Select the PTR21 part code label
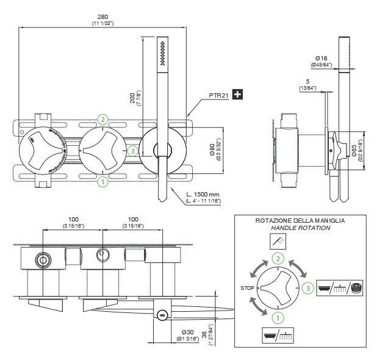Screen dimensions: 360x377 pos(218,95)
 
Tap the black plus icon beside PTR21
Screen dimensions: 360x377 pos(239,95)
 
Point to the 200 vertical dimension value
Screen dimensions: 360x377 pos(132,98)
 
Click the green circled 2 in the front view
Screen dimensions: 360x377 pos(103,119)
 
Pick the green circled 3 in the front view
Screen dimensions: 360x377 pos(133,150)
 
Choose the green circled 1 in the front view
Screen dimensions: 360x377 pos(103,181)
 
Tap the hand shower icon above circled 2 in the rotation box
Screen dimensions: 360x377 pos(278,242)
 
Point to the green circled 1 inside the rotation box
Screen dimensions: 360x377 pos(278,317)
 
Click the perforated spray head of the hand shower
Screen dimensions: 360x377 pos(162,53)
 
